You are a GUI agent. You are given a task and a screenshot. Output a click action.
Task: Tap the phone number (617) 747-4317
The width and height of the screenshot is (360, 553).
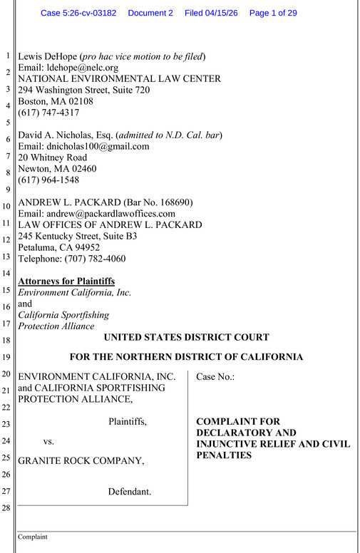pos(48,113)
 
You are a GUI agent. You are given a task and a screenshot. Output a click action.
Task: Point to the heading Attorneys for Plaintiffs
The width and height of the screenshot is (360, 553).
pos(66,281)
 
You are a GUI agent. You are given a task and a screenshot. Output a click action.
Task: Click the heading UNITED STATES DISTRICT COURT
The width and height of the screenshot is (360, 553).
pos(187,338)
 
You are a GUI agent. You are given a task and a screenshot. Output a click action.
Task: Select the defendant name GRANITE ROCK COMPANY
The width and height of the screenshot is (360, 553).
pos(81,460)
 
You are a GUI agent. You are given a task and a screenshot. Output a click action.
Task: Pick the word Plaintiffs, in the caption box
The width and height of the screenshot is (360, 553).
pos(128,422)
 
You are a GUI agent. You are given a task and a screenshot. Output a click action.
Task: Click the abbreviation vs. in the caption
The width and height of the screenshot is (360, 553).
pos(48,441)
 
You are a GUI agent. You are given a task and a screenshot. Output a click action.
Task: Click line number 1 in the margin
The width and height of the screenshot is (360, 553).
pos(6,56)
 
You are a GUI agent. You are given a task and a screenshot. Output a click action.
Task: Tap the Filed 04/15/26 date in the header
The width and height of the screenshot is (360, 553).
pos(211,13)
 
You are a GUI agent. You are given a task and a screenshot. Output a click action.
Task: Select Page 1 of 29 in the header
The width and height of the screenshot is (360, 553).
pos(273,13)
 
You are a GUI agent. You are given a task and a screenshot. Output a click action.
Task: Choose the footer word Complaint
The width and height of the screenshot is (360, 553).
pos(33,537)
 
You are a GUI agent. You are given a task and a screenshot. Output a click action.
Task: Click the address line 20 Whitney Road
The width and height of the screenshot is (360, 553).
pos(52,157)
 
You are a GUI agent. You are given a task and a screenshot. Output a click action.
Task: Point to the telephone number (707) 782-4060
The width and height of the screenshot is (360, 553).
pos(91,259)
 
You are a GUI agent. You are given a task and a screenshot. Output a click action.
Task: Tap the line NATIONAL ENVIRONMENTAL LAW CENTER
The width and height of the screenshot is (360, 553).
pos(119,79)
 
